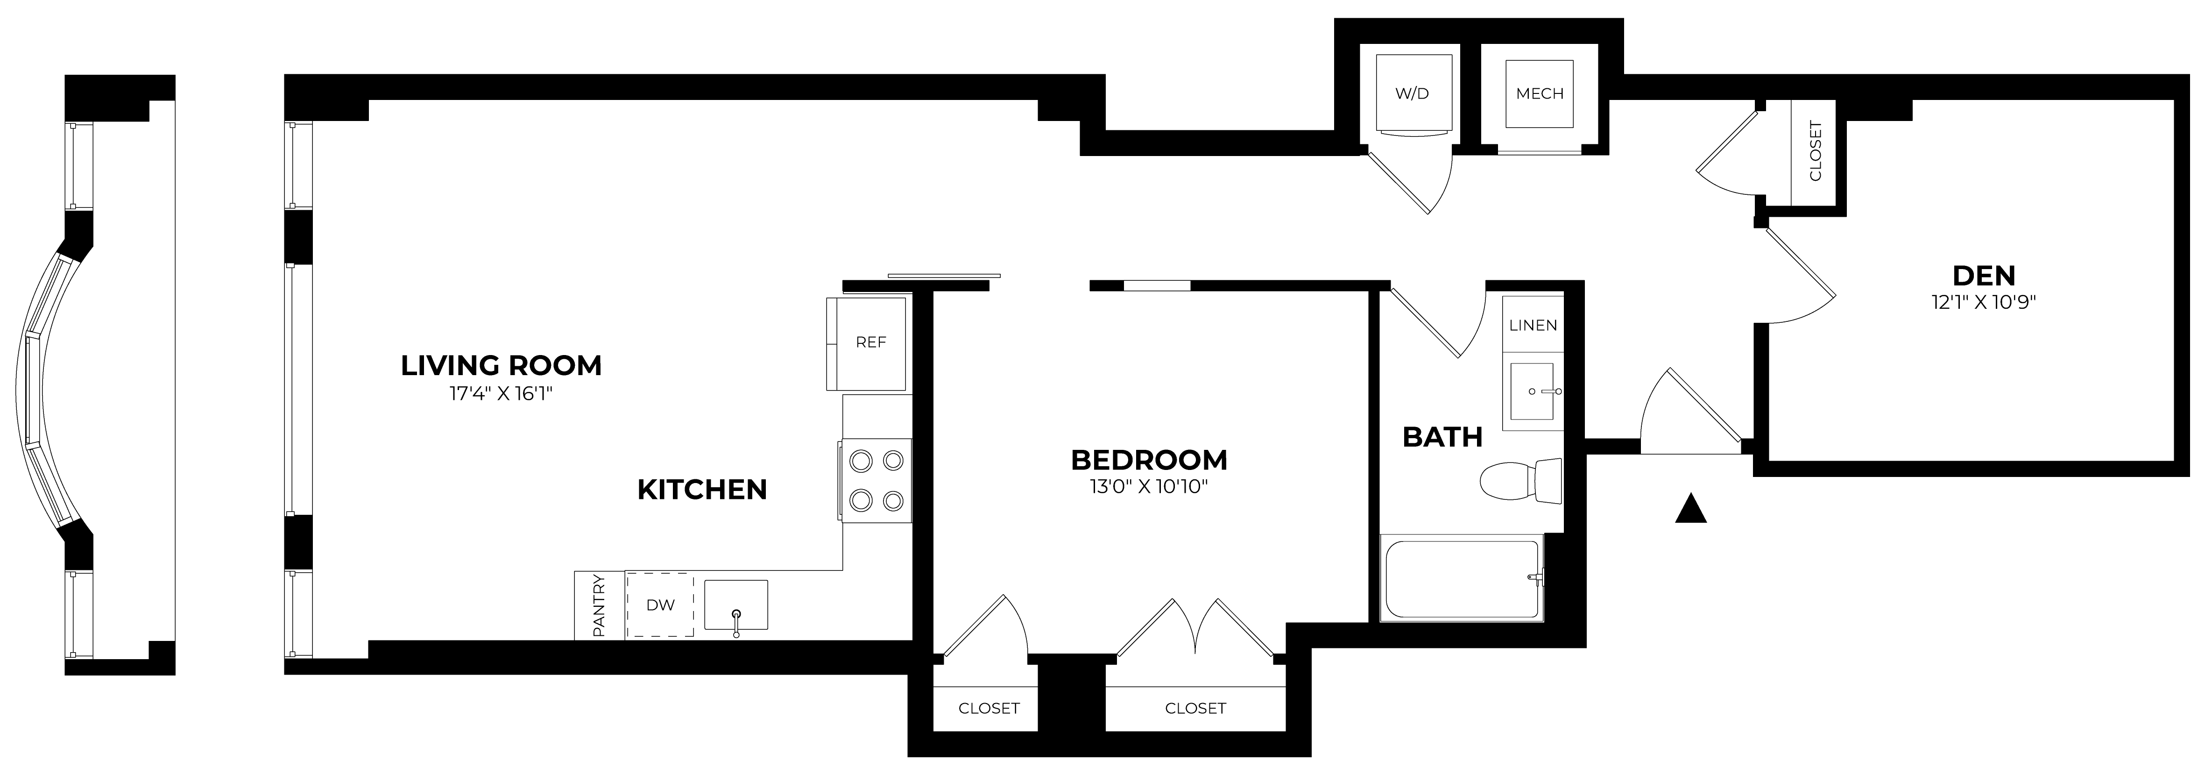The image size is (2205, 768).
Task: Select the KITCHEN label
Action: pyautogui.click(x=702, y=490)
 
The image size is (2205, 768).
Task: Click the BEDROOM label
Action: pyautogui.click(x=1149, y=460)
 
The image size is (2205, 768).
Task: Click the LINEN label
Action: pyautogui.click(x=1533, y=325)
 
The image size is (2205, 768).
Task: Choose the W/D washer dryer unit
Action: pyautogui.click(x=1413, y=93)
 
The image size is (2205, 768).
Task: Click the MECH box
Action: pyautogui.click(x=1539, y=93)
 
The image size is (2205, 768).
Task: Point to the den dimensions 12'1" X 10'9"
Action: pyautogui.click(x=1983, y=302)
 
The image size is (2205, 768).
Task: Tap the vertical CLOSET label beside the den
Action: pyautogui.click(x=1815, y=151)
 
